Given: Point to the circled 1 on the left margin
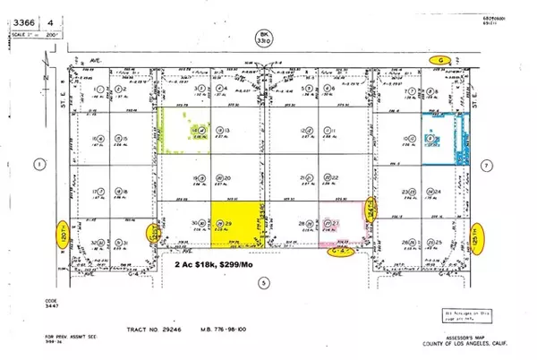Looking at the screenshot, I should pyautogui.click(x=38, y=163).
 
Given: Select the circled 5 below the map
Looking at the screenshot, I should pyautogui.click(x=262, y=283).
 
